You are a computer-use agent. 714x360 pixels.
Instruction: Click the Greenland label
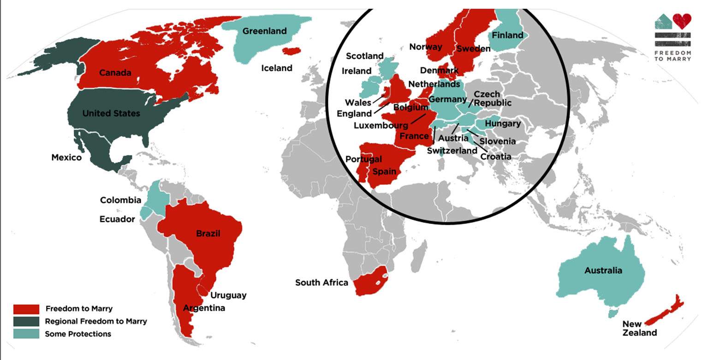(x=264, y=31)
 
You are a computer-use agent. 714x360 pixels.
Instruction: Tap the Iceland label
(x=277, y=68)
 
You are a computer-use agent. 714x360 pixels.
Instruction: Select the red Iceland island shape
(x=292, y=51)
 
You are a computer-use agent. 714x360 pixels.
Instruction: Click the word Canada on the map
(x=115, y=72)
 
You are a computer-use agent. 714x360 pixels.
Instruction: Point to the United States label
(x=111, y=113)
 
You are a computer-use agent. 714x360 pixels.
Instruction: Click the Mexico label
(x=66, y=157)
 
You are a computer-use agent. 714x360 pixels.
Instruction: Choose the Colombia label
(x=120, y=200)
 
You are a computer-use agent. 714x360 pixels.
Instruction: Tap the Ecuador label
(x=117, y=219)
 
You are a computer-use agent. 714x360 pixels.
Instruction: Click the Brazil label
(x=208, y=233)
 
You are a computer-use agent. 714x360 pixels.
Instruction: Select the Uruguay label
(x=228, y=295)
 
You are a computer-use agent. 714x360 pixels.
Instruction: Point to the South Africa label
(x=321, y=282)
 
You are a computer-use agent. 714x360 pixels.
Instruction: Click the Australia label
(x=603, y=270)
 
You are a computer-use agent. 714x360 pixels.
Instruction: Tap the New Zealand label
(x=639, y=328)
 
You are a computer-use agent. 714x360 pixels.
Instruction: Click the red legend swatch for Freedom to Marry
(x=26, y=309)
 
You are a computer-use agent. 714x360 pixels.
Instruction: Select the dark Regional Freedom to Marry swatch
(x=26, y=321)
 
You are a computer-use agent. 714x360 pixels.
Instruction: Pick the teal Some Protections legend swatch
(x=26, y=334)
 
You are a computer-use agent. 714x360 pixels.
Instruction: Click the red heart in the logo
(x=682, y=21)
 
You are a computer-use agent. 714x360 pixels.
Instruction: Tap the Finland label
(x=507, y=35)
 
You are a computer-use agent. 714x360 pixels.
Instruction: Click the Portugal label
(x=363, y=159)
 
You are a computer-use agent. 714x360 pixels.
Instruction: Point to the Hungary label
(x=503, y=123)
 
